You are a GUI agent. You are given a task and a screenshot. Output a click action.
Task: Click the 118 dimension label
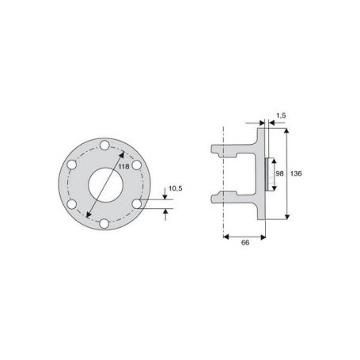(123, 166)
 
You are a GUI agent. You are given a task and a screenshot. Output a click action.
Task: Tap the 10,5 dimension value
(176, 188)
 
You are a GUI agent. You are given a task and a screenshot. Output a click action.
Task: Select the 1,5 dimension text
(281, 116)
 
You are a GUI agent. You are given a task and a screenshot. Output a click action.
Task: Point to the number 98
(279, 173)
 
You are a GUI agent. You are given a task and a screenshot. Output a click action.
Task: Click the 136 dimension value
(296, 173)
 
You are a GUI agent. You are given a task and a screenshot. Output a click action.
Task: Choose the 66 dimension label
(245, 243)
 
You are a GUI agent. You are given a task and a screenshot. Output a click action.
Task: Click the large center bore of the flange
(106, 185)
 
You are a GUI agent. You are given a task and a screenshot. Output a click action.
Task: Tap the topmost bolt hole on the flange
(104, 146)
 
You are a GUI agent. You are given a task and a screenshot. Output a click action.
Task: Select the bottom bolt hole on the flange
(104, 224)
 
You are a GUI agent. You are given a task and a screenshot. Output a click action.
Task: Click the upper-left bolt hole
(72, 165)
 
